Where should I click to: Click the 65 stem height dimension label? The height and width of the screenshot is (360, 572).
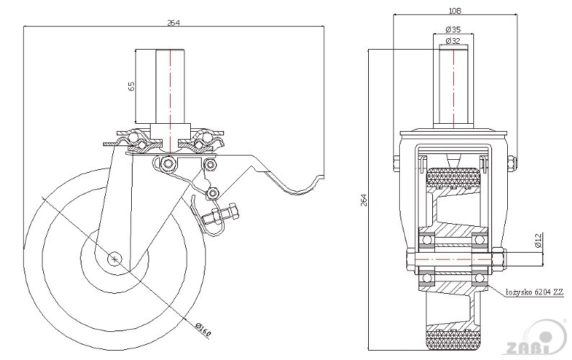pos(131,86)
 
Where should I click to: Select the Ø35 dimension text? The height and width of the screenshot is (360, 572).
pos(454,29)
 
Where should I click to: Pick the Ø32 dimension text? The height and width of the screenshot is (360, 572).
pos(454,42)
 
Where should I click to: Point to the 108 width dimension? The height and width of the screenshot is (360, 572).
pos(455,11)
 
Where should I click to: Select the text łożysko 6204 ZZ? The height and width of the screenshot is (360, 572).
pos(534,292)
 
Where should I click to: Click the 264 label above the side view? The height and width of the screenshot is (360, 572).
pos(173,22)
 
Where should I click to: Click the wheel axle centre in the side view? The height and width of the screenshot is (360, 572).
pos(115,257)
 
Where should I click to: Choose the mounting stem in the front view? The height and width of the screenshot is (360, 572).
pos(454,86)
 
